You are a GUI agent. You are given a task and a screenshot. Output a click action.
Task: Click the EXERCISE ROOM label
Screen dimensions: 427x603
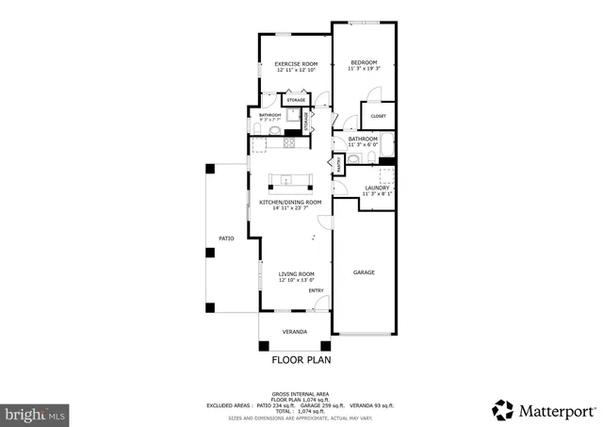(x=295, y=64)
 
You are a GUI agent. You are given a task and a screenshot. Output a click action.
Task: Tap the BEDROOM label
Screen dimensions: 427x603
(x=364, y=62)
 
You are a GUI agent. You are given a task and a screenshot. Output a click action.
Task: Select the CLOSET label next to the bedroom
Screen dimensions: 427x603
(x=378, y=116)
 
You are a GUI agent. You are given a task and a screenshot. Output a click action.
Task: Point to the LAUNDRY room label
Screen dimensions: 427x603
(x=377, y=188)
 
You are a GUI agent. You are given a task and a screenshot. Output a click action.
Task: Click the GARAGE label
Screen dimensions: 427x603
(x=364, y=272)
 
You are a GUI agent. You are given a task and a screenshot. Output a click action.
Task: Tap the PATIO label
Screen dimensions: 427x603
(x=226, y=238)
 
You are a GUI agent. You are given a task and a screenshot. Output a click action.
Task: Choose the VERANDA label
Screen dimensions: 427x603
(x=295, y=332)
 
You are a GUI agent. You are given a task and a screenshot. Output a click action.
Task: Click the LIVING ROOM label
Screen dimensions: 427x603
(x=295, y=274)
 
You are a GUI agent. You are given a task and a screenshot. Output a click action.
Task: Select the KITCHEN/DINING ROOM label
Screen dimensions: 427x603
(x=290, y=202)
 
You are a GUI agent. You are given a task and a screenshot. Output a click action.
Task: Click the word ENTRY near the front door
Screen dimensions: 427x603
(x=316, y=290)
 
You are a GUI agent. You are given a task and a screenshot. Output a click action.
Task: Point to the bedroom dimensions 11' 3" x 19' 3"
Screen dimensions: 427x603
(x=364, y=69)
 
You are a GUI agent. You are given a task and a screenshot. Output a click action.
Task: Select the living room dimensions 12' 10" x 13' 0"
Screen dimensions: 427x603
(x=295, y=281)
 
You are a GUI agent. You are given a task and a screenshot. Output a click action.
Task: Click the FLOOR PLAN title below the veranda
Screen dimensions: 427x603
(x=301, y=359)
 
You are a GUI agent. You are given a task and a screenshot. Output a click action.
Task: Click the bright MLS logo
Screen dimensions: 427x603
(x=36, y=413)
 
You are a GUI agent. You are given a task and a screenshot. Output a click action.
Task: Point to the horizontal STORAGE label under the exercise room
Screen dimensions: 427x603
(x=296, y=99)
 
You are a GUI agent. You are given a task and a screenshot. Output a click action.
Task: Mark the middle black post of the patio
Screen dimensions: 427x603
(x=211, y=252)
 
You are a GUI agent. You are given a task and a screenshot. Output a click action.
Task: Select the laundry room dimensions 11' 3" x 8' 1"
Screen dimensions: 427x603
(x=377, y=194)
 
